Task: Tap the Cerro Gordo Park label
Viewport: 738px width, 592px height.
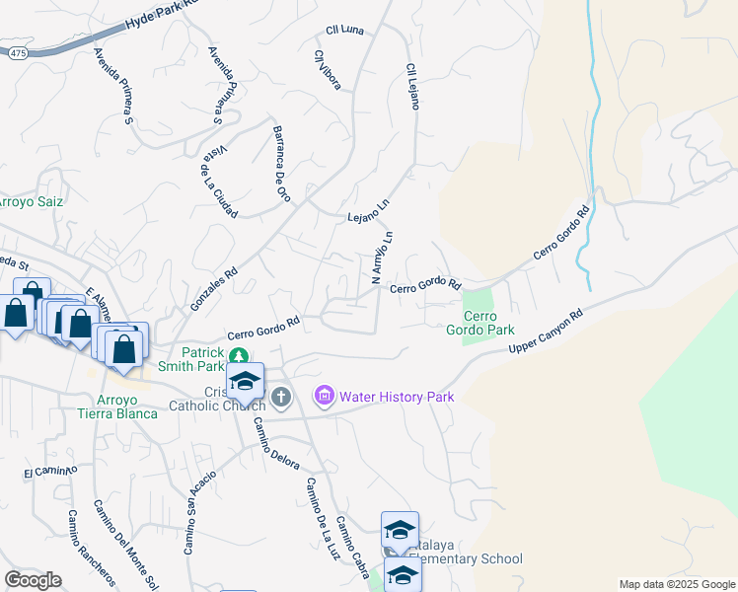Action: [480, 323]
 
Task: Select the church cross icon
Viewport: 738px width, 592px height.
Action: [281, 398]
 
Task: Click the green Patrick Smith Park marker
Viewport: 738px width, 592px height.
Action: [238, 355]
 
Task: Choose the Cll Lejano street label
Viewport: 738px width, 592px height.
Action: [411, 87]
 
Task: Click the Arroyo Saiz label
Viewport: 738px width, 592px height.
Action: [32, 201]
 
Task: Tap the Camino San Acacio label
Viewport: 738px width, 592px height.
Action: [198, 512]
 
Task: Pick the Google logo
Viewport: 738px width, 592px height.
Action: [33, 580]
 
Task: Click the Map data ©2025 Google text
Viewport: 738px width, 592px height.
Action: [676, 584]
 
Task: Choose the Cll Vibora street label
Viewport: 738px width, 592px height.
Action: [328, 70]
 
